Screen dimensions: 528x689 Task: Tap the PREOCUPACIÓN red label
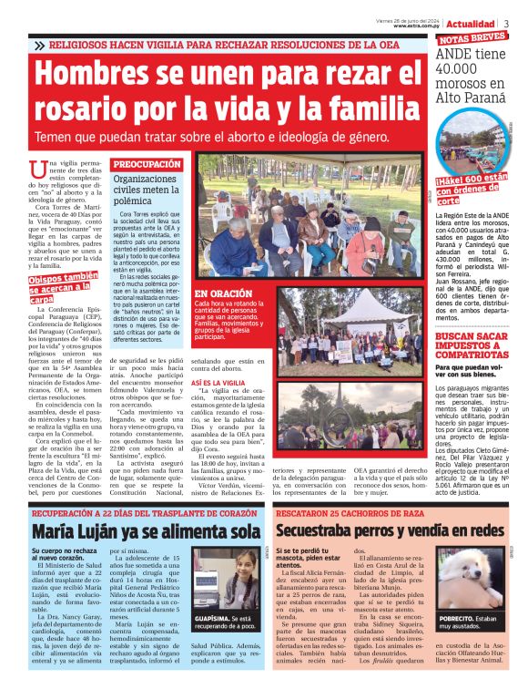click(146, 164)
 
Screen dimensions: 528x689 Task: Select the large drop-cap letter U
click(37, 168)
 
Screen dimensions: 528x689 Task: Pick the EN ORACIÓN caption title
click(222, 294)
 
